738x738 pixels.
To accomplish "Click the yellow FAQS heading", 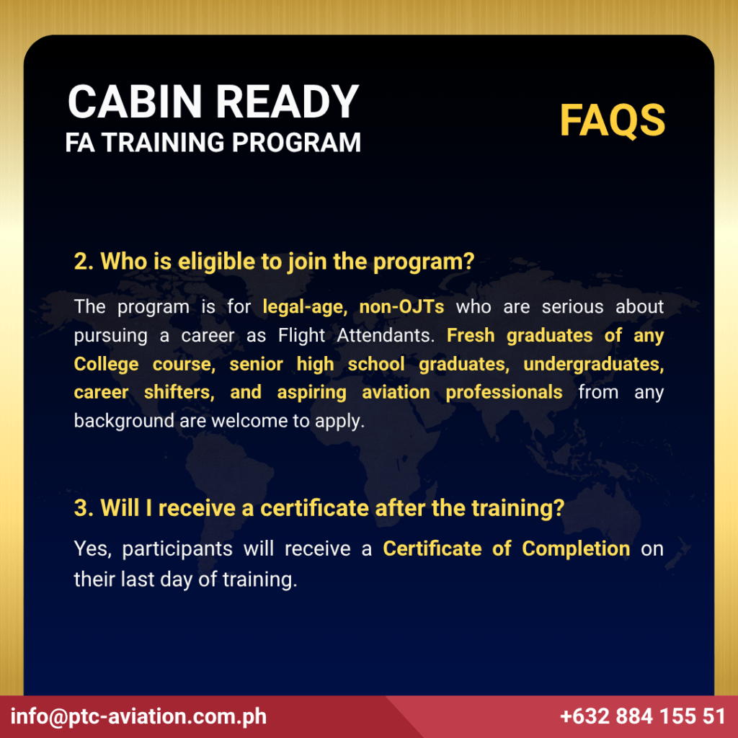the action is coord(613,120).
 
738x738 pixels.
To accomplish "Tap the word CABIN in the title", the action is coord(135,102).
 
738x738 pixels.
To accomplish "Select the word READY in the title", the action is coord(287,102).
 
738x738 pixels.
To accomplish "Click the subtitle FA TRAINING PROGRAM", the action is coord(213,143).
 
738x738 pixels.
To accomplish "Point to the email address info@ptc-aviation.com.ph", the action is coord(138,716).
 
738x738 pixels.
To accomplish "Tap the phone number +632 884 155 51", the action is coord(642,716).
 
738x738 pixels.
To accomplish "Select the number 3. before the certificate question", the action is coord(84,508).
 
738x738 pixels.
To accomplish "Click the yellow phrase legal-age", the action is coord(305,307).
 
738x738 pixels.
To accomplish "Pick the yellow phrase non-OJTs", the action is coord(401,307).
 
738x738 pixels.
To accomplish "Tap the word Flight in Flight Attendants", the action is coord(301,336).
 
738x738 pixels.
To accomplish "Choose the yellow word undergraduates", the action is coord(594,364).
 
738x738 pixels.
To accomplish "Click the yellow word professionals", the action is coord(504,393).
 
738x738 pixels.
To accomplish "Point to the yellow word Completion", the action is coord(576,549).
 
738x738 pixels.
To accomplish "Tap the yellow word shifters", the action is coord(179,392).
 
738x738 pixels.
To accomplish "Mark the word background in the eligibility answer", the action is coord(124,421).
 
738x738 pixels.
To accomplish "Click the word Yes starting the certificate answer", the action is coord(93,549).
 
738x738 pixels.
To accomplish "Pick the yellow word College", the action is coord(107,365).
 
